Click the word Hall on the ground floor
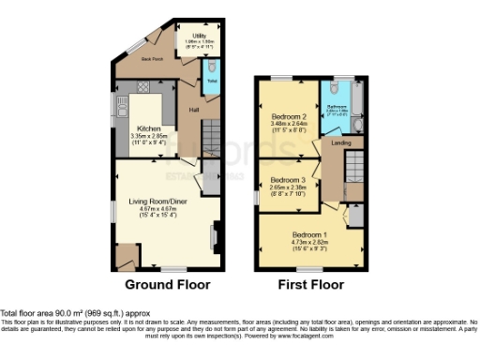[x=193, y=110]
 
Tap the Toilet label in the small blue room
[x=212, y=82]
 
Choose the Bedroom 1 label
[x=309, y=232]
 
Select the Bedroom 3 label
[x=289, y=179]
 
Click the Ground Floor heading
[x=167, y=284]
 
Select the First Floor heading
[x=310, y=284]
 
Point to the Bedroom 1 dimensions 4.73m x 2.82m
[x=309, y=240]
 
